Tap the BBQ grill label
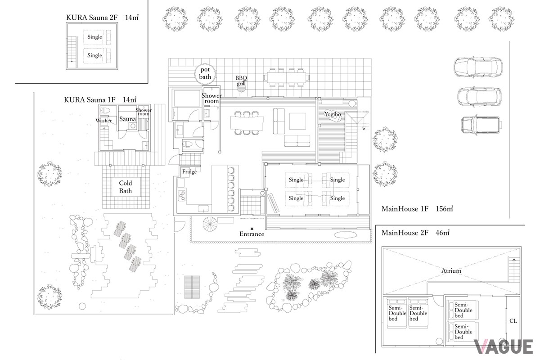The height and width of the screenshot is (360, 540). coord(241,81)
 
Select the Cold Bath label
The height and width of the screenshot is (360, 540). coord(126,187)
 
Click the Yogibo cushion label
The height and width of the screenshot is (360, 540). coord(333,114)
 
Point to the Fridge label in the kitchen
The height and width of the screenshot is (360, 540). coord(189,172)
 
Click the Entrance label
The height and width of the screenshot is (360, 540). coord(252,234)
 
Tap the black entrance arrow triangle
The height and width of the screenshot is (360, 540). coord(252,228)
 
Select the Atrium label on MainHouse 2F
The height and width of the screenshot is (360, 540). coord(451,271)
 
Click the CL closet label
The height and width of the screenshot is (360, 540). coord(513,321)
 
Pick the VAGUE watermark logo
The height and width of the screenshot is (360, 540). coord(504,347)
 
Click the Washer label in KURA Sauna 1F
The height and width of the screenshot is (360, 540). coord(103,121)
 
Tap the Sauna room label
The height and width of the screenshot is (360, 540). coord(127,119)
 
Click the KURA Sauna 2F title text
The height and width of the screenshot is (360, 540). coord(92,18)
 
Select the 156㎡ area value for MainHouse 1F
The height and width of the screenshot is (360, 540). coord(444,208)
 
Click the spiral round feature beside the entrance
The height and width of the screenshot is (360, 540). coord(210,224)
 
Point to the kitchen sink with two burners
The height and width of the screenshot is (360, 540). coord(181,196)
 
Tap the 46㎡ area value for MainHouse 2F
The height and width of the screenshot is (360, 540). coord(442,233)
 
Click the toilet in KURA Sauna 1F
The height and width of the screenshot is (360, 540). coord(105,111)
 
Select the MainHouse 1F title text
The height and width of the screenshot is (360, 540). coord(405,208)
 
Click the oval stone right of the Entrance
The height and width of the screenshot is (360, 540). coord(346,234)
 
